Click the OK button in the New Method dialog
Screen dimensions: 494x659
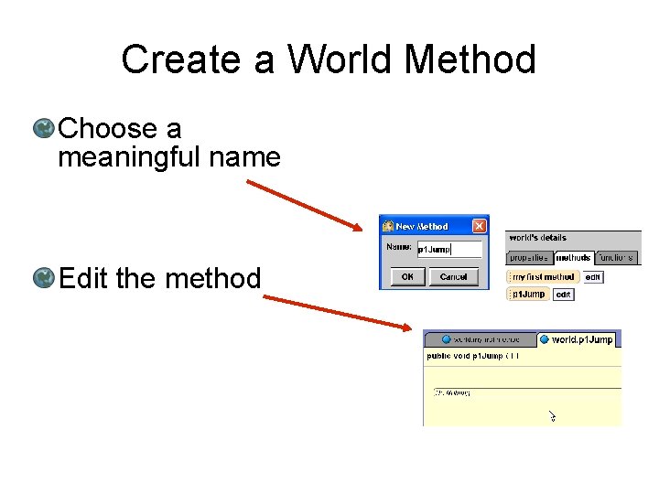click(407, 276)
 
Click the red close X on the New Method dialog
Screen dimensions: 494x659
click(479, 226)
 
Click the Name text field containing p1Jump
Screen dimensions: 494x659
click(448, 249)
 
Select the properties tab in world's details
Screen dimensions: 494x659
click(529, 258)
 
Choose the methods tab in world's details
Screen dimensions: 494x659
click(573, 258)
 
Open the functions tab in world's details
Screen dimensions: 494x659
click(616, 258)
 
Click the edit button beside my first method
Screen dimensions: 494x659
click(593, 277)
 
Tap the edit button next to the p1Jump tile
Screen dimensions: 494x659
click(564, 295)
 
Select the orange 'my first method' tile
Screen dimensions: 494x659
click(544, 277)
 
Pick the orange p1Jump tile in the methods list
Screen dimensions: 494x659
click(528, 295)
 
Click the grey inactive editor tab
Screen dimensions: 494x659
click(481, 339)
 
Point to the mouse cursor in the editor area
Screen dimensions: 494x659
click(552, 416)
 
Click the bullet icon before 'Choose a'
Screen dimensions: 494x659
click(43, 129)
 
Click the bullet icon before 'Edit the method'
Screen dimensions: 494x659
click(43, 277)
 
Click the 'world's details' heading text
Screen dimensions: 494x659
click(538, 238)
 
